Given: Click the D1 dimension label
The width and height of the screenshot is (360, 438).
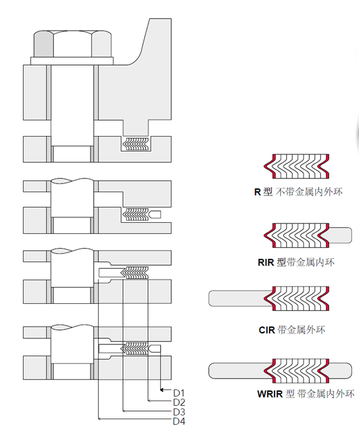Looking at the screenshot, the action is coord(178,392).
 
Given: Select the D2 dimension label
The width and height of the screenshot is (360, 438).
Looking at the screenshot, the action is coord(179,402).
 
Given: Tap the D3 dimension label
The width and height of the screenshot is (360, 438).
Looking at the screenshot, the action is coord(179,412).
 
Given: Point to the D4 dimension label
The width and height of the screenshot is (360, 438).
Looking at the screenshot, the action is coord(179,421).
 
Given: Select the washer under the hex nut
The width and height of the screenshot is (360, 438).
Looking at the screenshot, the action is coord(72,61).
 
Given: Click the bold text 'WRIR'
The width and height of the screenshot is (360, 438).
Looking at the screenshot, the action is coord(270,394).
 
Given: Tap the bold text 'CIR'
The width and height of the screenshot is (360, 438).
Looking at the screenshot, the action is coord(266,330).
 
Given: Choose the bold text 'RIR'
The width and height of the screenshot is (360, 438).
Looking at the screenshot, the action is coord(266,262).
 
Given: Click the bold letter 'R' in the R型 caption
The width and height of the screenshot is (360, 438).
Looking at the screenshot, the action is coord(257,192).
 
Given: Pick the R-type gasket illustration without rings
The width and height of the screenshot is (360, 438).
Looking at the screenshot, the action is coord(296,167).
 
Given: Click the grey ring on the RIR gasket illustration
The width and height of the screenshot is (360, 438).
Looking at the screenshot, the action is coord(341,235).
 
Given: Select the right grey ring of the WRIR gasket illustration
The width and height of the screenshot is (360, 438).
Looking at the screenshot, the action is coord(341,371).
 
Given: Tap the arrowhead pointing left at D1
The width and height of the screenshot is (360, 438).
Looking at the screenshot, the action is coord(162,390).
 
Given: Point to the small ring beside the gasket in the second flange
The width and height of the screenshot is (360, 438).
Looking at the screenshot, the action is coord(155,214).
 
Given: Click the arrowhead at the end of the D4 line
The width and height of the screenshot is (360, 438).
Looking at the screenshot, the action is coord(99,419).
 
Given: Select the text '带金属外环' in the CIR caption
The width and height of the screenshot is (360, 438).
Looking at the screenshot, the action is coord(301,330).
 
